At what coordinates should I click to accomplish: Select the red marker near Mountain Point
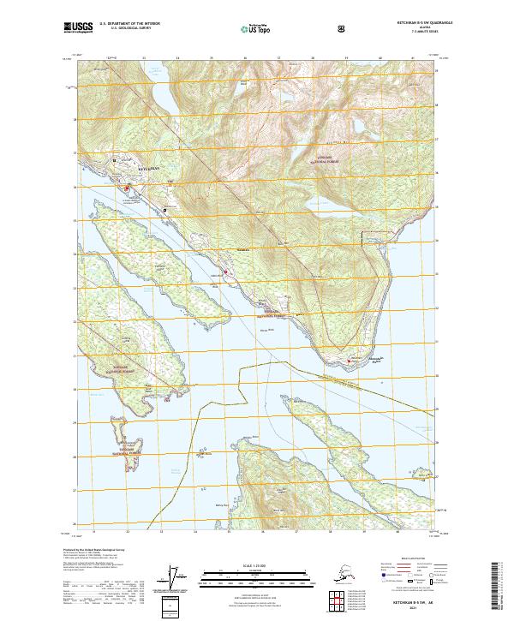[349, 361]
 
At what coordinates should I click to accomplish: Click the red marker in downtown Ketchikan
[128, 188]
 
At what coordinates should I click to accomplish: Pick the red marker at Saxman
[226, 272]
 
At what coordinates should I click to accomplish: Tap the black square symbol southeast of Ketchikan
[164, 209]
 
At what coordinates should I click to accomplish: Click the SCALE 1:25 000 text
[256, 566]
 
